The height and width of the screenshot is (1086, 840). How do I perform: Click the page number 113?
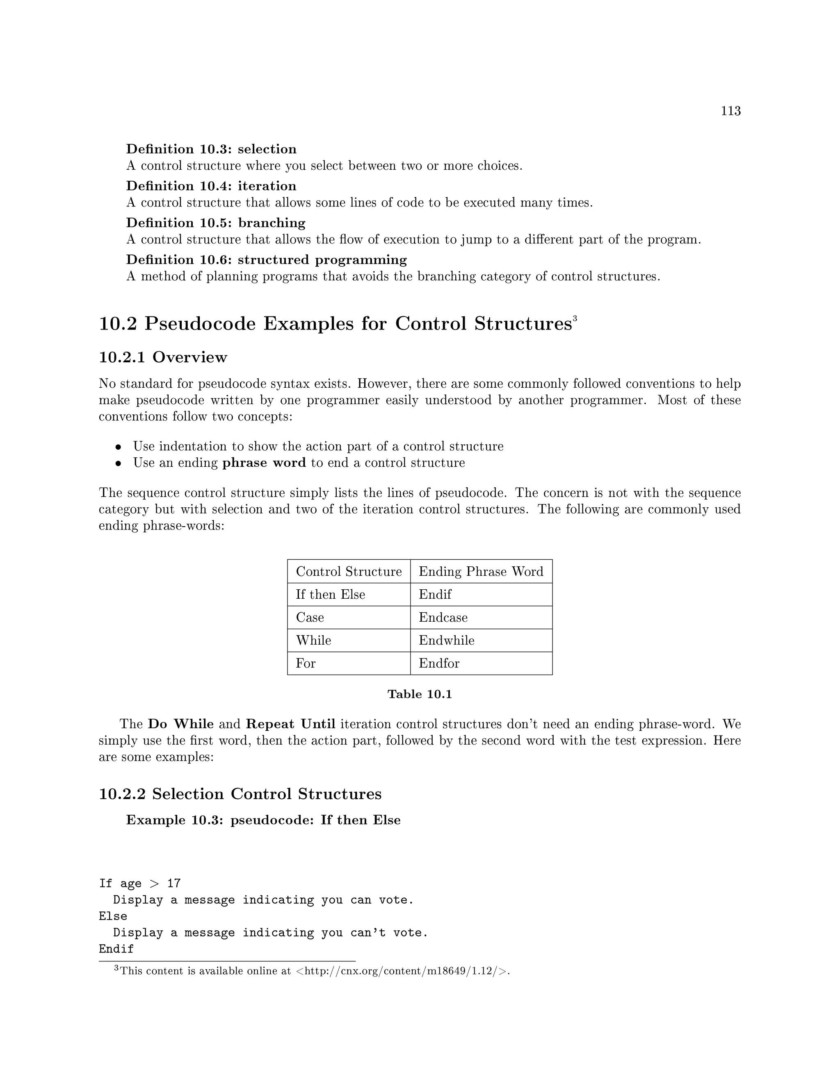tap(730, 111)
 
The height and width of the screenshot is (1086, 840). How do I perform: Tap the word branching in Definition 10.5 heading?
tap(271, 223)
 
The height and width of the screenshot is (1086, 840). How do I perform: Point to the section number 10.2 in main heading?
tap(117, 324)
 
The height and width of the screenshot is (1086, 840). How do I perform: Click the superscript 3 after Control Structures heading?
tap(574, 318)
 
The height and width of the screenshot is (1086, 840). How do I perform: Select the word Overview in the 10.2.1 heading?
tap(189, 357)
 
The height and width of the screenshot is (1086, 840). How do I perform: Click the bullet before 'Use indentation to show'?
tap(119, 447)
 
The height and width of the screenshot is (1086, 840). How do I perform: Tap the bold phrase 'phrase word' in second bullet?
tap(264, 463)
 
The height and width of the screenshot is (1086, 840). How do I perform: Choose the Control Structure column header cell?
tap(348, 571)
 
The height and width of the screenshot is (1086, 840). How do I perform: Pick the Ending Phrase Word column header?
tap(481, 571)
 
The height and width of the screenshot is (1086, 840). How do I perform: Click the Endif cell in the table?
tap(435, 594)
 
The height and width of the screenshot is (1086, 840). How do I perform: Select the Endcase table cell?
tap(443, 617)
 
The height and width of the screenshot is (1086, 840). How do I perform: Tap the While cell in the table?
tap(313, 640)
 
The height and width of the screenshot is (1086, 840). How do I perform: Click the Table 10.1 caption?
tap(420, 694)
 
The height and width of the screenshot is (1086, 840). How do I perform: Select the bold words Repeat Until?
tap(291, 724)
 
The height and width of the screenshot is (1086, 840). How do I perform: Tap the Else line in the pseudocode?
tap(113, 916)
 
